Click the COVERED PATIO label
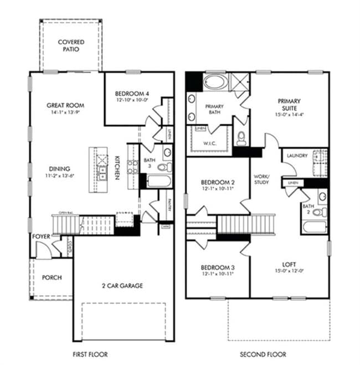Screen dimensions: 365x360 (x=71, y=45)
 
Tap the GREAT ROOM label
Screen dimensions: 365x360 (x=61, y=105)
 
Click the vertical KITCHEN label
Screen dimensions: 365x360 (x=117, y=166)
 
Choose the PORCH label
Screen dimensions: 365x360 (x=52, y=277)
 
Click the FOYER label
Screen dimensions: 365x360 (x=42, y=237)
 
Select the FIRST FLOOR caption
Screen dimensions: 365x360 (x=90, y=354)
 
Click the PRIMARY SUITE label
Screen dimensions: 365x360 (x=289, y=105)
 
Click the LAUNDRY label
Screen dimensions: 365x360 (x=297, y=156)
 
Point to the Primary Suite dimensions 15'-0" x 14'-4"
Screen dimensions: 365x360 (x=289, y=115)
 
